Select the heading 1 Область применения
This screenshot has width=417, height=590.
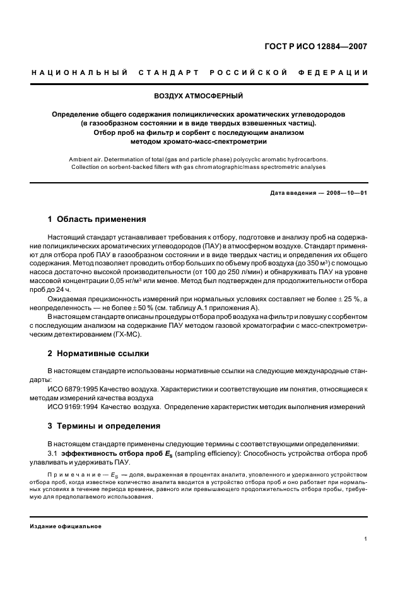97,219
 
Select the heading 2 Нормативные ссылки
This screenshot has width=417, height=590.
98,353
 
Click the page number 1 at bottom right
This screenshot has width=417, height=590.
366,539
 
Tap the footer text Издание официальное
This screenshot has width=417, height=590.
66,526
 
